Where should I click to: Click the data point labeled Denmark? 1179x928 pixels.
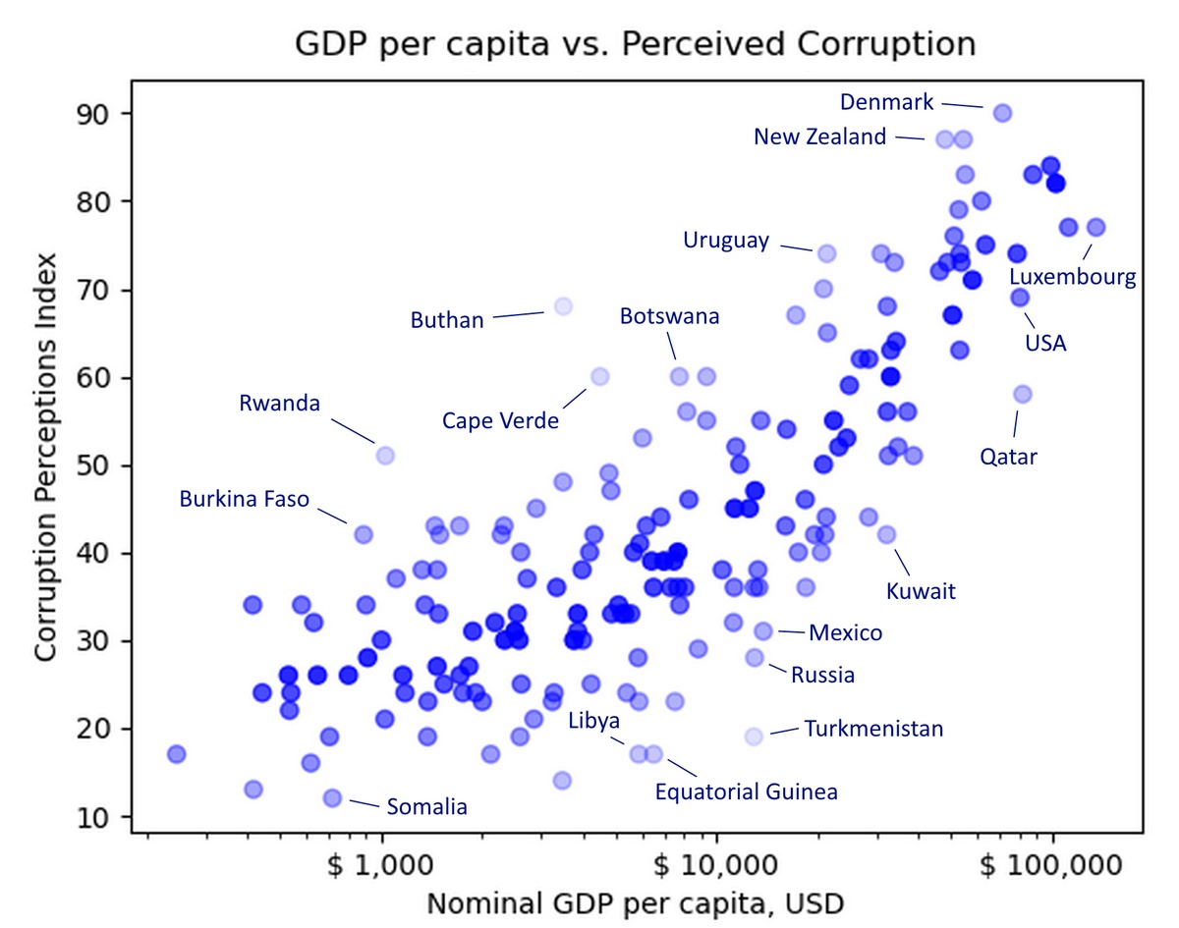tap(1002, 113)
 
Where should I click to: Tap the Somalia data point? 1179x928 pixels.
tap(332, 798)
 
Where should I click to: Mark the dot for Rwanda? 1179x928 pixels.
tap(385, 455)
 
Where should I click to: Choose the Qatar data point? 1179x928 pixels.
tap(1022, 394)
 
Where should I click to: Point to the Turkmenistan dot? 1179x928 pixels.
tap(754, 737)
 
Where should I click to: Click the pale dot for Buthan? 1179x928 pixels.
tap(563, 306)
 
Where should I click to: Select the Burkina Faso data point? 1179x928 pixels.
tap(364, 534)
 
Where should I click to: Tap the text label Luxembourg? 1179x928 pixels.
tap(1073, 277)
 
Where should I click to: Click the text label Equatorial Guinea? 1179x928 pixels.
tap(747, 792)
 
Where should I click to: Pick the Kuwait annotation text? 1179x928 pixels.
tap(921, 591)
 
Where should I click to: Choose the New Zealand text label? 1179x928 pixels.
tap(819, 137)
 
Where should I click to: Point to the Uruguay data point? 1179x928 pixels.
tap(826, 253)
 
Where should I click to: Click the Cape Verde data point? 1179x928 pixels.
tap(599, 376)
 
